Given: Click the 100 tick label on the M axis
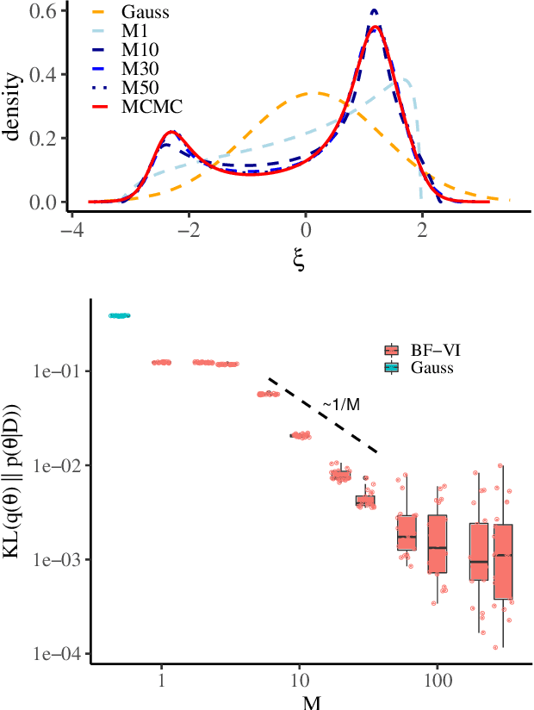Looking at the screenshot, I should pos(438,680).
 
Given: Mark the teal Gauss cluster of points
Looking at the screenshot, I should pos(119,315).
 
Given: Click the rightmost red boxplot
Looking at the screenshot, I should pos(503,560).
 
